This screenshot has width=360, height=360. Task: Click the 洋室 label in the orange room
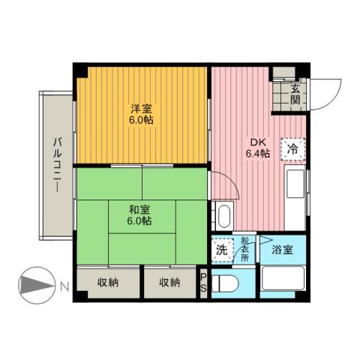tap(139, 108)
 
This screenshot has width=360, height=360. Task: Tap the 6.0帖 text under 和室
tap(139, 221)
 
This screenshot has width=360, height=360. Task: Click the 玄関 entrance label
tap(295, 94)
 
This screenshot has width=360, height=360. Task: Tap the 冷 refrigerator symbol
tap(293, 148)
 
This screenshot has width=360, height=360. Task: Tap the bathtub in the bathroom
tap(283, 284)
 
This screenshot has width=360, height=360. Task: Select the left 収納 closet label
tap(108, 282)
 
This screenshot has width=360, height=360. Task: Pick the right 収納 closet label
tap(169, 282)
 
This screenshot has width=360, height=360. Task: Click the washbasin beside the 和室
tap(223, 214)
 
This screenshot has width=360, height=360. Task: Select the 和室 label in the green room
tap(139, 209)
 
